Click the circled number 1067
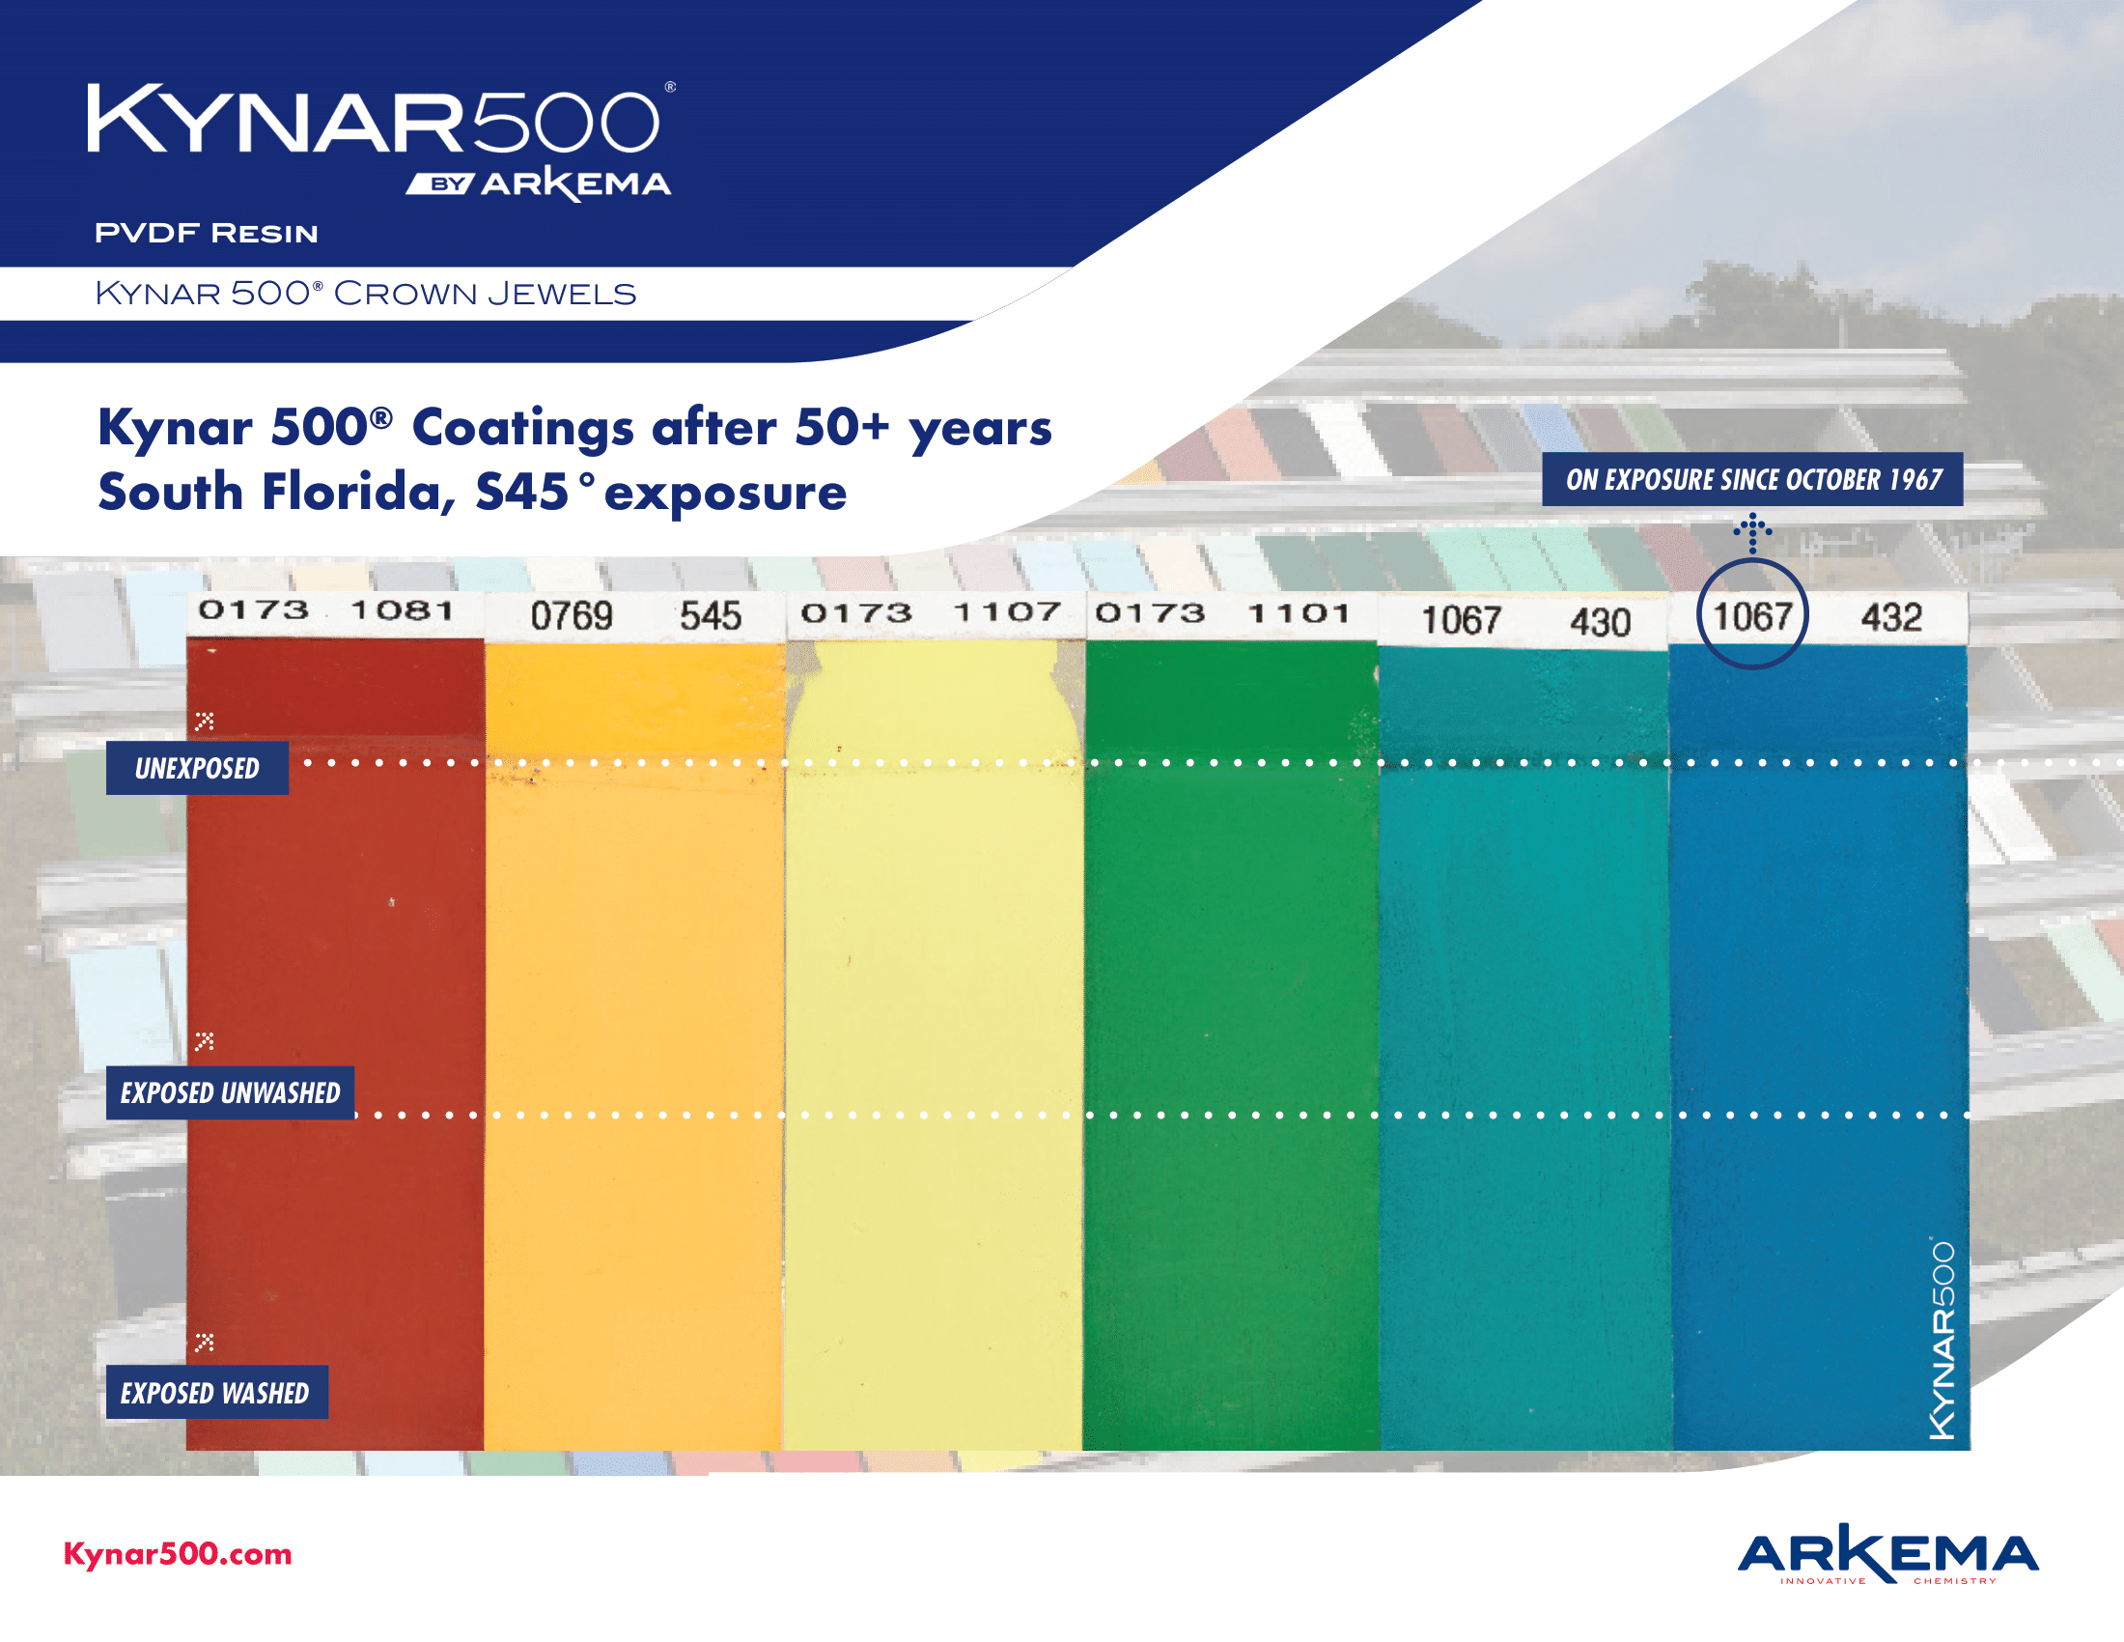pyautogui.click(x=1751, y=616)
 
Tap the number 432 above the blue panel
pyautogui.click(x=1890, y=618)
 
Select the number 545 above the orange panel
pyautogui.click(x=710, y=616)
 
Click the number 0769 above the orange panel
pyautogui.click(x=571, y=616)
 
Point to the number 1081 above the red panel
pyautogui.click(x=402, y=609)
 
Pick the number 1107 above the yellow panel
pyautogui.click(x=1006, y=611)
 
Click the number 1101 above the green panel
pyautogui.click(x=1299, y=612)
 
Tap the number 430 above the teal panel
pyautogui.click(x=1599, y=622)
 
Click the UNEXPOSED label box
pyautogui.click(x=197, y=769)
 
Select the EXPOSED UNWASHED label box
pyautogui.click(x=231, y=1092)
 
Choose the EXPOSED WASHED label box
pyautogui.click(x=216, y=1392)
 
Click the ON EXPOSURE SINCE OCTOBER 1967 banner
pyautogui.click(x=1752, y=480)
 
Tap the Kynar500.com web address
pyautogui.click(x=178, y=1553)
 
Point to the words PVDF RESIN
pyautogui.click(x=207, y=234)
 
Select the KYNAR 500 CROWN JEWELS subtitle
pyautogui.click(x=366, y=293)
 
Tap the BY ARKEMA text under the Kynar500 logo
pyautogui.click(x=539, y=184)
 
